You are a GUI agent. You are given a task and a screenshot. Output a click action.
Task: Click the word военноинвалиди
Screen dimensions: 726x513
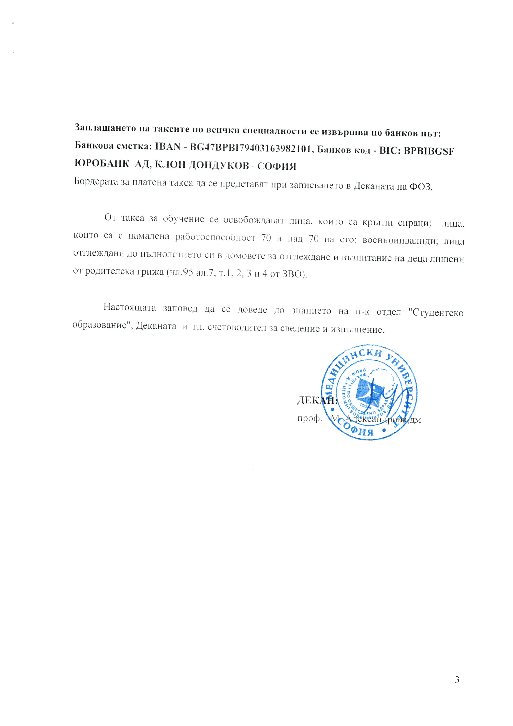[x=400, y=240]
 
